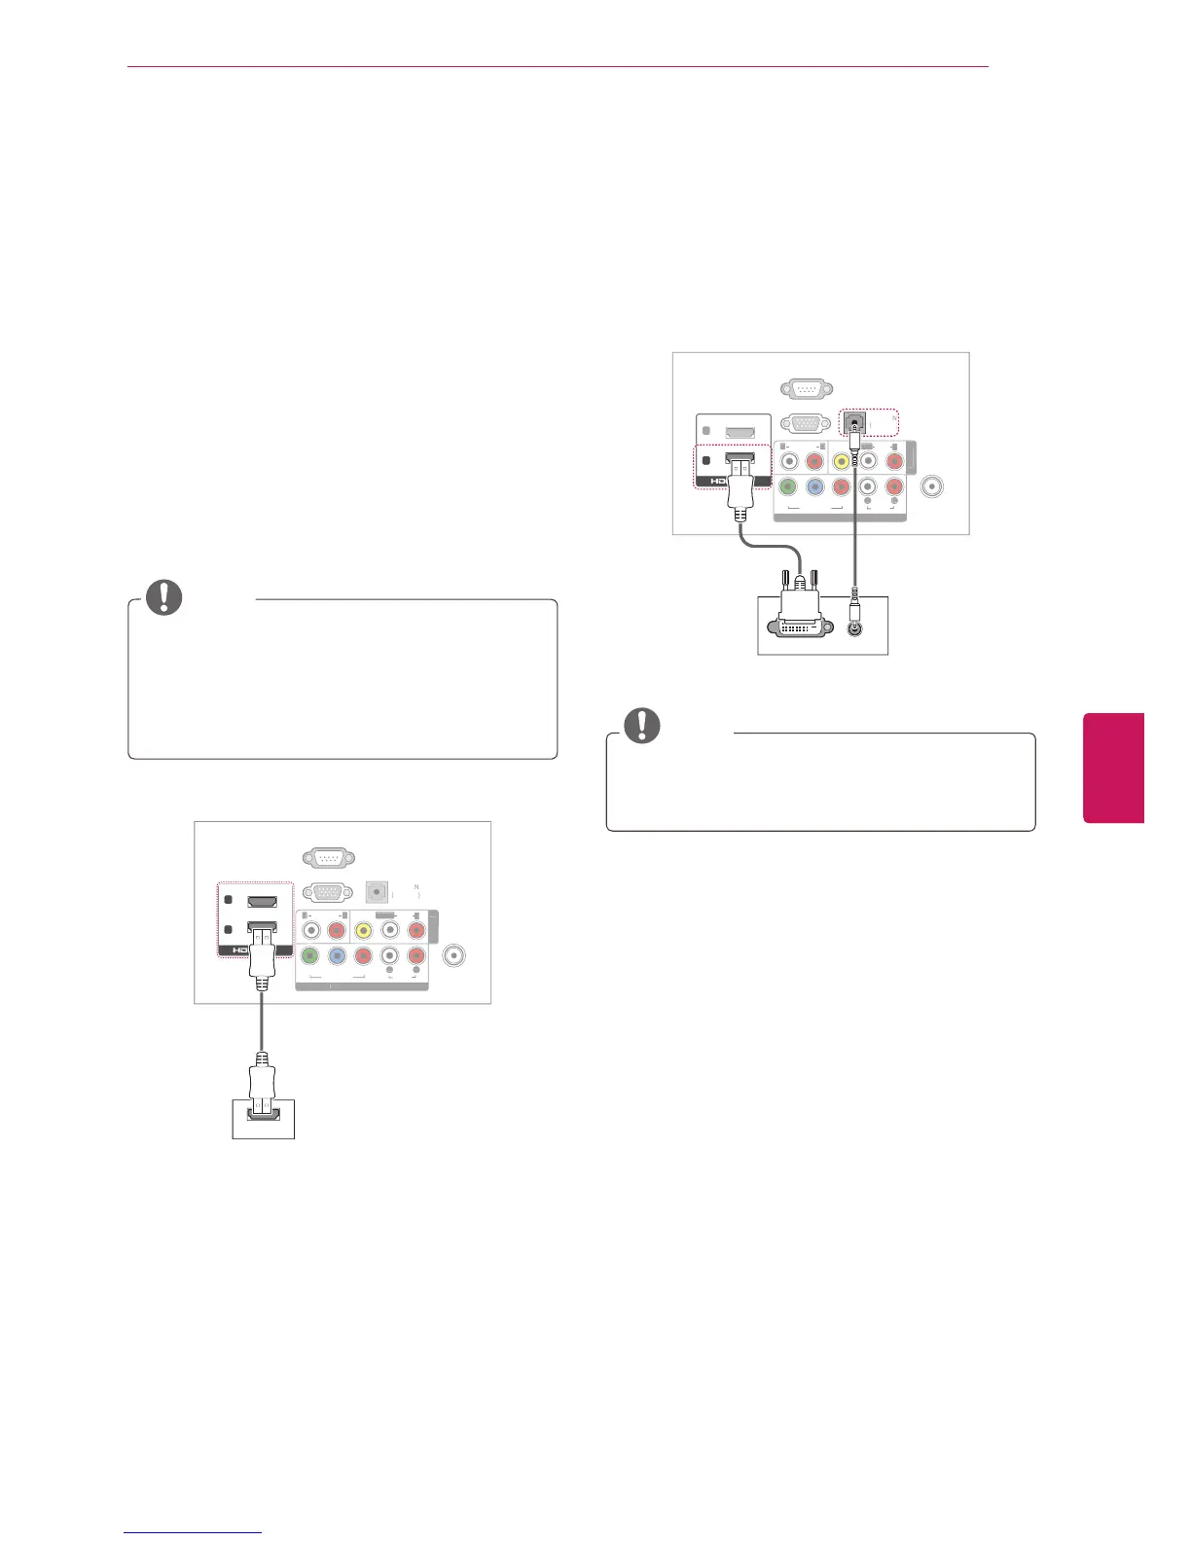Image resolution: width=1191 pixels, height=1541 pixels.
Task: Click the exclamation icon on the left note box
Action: click(x=163, y=597)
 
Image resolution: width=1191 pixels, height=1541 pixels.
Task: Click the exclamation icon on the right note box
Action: click(x=641, y=726)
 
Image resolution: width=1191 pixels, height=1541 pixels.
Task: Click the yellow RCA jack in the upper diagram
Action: click(x=841, y=462)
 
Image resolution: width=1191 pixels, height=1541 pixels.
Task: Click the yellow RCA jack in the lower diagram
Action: click(x=363, y=931)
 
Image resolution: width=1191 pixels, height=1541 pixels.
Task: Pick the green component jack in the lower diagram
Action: click(x=310, y=956)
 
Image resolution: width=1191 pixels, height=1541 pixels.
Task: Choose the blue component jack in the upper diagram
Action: click(x=814, y=487)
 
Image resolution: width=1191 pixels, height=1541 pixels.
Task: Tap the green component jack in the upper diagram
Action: click(x=788, y=487)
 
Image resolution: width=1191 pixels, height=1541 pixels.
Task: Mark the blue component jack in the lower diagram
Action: click(x=337, y=956)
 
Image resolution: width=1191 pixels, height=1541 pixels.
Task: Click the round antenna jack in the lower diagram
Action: click(x=452, y=955)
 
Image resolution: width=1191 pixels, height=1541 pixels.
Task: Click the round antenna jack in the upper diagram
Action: click(x=932, y=486)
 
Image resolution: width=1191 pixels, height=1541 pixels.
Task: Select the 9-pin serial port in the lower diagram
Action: click(x=328, y=858)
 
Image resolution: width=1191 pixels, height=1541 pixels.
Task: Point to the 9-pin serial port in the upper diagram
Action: click(x=806, y=389)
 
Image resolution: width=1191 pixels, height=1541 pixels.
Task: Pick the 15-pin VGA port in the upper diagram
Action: click(x=806, y=423)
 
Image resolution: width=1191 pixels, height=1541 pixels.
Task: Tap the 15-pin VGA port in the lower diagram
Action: click(x=328, y=892)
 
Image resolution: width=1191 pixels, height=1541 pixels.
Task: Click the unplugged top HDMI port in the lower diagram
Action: click(x=262, y=902)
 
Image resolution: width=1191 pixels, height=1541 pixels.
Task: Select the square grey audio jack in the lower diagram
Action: click(x=377, y=891)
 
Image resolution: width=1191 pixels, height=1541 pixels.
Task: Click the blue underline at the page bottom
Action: click(x=193, y=1533)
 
